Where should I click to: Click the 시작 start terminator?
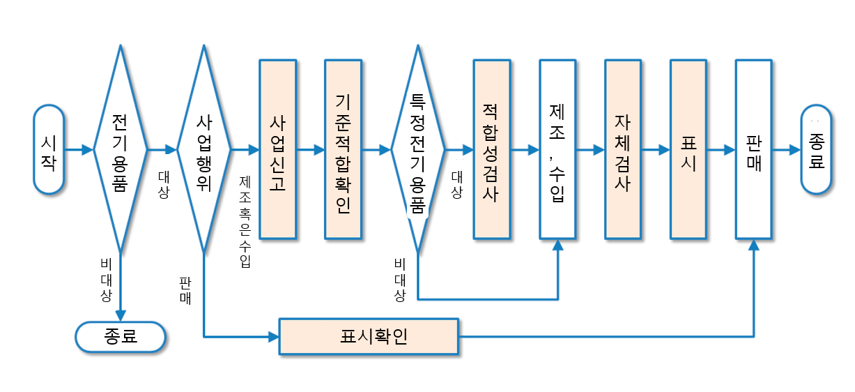(x=49, y=149)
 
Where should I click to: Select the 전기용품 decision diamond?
(x=120, y=149)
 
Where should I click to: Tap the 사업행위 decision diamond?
(x=203, y=149)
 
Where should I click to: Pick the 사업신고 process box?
(x=277, y=150)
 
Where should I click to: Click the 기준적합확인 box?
(x=343, y=150)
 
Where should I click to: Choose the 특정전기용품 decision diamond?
(x=417, y=149)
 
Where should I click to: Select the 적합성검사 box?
(x=491, y=150)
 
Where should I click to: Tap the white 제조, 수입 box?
(x=557, y=150)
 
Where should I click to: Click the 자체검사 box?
(x=623, y=150)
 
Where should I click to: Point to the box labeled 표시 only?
(x=688, y=150)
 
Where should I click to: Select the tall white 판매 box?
(x=754, y=150)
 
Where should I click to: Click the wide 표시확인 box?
(x=369, y=336)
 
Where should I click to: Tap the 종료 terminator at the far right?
(x=817, y=149)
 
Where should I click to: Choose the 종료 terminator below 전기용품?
(x=121, y=336)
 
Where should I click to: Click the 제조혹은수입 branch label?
(x=245, y=221)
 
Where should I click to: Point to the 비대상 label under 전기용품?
(x=106, y=280)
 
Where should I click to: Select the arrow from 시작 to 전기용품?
(x=78, y=149)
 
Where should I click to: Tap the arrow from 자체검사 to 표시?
(x=655, y=149)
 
